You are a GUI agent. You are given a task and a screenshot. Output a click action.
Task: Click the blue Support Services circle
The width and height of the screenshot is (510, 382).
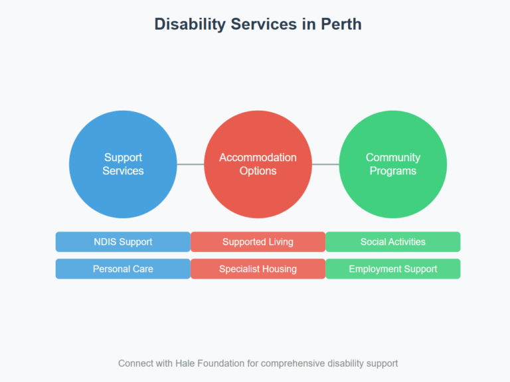pyautogui.click(x=123, y=164)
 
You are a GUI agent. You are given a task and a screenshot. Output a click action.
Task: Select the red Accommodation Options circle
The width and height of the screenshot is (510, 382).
pyautogui.click(x=258, y=164)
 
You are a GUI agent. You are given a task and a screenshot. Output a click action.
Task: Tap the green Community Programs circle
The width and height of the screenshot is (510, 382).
pyautogui.click(x=392, y=164)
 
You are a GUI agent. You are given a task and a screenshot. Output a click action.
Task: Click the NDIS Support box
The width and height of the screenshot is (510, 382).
pyautogui.click(x=123, y=242)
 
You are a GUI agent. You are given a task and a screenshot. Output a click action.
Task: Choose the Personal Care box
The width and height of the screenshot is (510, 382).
pyautogui.click(x=123, y=269)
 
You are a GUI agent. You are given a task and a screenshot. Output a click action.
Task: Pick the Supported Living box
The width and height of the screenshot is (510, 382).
pyautogui.click(x=258, y=242)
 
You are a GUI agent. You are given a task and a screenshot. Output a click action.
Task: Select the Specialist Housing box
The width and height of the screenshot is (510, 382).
pyautogui.click(x=258, y=269)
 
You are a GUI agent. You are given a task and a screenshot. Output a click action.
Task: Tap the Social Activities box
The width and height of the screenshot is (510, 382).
pyautogui.click(x=392, y=242)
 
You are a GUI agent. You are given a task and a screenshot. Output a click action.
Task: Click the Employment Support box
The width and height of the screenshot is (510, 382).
pyautogui.click(x=392, y=269)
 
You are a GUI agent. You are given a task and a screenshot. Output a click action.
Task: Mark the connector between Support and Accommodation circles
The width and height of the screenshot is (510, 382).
pyautogui.click(x=190, y=164)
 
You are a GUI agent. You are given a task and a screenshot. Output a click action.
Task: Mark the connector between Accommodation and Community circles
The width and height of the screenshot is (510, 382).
pyautogui.click(x=325, y=164)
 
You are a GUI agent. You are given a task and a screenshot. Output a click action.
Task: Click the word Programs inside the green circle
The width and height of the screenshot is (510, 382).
pyautogui.click(x=392, y=171)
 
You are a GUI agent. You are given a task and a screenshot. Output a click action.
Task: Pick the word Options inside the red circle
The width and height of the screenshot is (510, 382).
pyautogui.click(x=258, y=171)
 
